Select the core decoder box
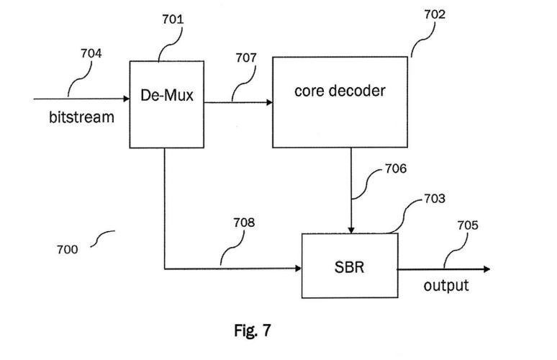340,102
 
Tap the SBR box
349,265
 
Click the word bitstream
81,117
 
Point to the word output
445,285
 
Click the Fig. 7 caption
253,330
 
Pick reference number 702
433,14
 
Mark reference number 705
468,225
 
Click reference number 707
245,58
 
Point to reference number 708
243,223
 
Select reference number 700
68,250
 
